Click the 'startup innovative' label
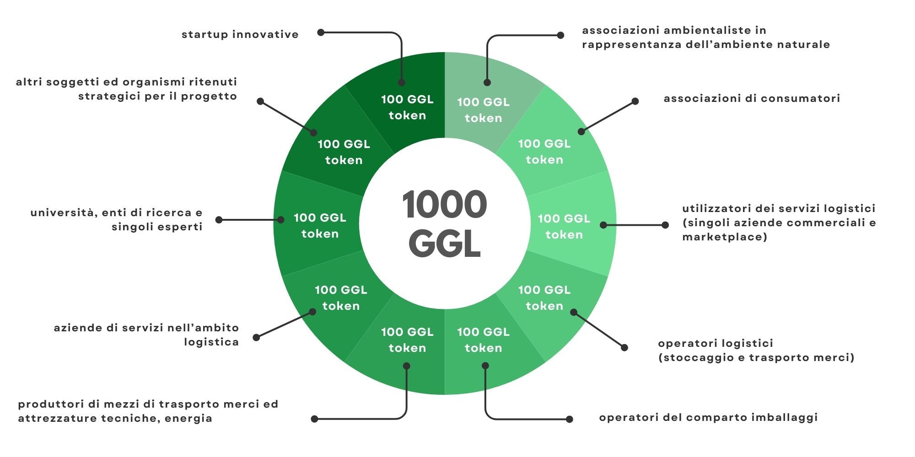coord(240,34)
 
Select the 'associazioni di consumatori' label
coord(752,98)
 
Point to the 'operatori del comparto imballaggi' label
coord(708,417)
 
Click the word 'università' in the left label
coord(63,213)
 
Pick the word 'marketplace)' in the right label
coord(725,237)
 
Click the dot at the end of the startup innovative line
coord(321,32)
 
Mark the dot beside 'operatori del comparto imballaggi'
coord(570,419)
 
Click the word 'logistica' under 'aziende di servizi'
coord(211,342)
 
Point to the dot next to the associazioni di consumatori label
coord(635,101)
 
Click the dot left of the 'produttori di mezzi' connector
coord(314,419)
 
